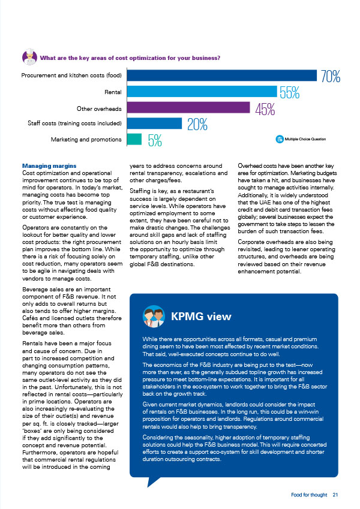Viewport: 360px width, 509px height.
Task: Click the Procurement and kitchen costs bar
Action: pyautogui.click(x=221, y=76)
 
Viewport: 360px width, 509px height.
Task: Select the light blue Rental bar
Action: pyautogui.click(x=202, y=92)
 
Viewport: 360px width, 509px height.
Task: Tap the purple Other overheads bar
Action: pyautogui.click(x=188, y=107)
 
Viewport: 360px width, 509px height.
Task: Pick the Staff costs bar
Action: pyautogui.click(x=154, y=124)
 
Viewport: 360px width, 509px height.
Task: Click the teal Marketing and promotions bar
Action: pyautogui.click(x=134, y=139)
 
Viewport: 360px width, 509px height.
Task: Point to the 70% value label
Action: pyautogui.click(x=331, y=77)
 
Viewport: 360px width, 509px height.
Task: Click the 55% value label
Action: pyautogui.click(x=289, y=92)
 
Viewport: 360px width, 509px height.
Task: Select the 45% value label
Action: pyautogui.click(x=265, y=109)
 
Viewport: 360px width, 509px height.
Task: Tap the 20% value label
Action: pyautogui.click(x=197, y=124)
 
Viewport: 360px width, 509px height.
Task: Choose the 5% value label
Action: pyautogui.click(x=155, y=140)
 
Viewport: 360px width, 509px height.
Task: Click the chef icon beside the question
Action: pyautogui.click(x=29, y=56)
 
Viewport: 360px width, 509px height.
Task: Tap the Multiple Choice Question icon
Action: pyautogui.click(x=280, y=139)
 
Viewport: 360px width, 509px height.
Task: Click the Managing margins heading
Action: pyautogui.click(x=49, y=166)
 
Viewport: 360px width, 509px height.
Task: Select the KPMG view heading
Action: pyautogui.click(x=201, y=316)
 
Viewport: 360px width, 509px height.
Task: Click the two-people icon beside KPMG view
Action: pyautogui.click(x=154, y=316)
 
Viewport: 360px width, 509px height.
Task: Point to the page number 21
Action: pyautogui.click(x=335, y=495)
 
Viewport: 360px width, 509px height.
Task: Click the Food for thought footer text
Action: pyautogui.click(x=309, y=495)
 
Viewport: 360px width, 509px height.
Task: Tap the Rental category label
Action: pyautogui.click(x=113, y=92)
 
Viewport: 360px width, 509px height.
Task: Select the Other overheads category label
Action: pyautogui.click(x=99, y=109)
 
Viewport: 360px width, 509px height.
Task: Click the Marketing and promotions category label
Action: pyautogui.click(x=86, y=140)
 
